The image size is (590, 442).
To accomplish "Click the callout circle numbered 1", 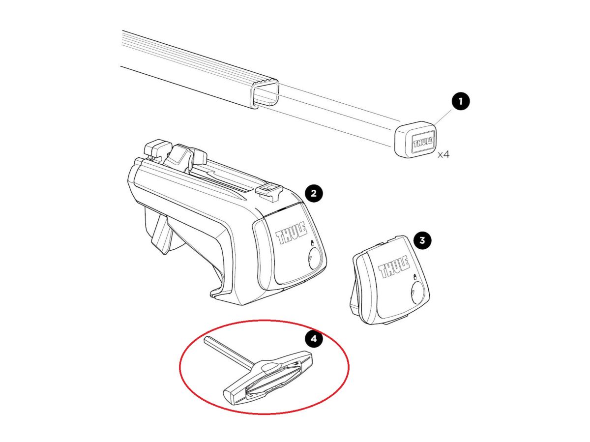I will point(460,102).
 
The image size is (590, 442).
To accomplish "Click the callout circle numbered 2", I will point(314,193).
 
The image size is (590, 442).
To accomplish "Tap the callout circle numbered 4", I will point(314,338).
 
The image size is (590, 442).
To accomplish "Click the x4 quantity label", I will point(443,154).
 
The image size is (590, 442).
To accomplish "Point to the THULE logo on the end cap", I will point(423,143).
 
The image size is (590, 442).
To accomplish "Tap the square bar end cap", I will point(415,139).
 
